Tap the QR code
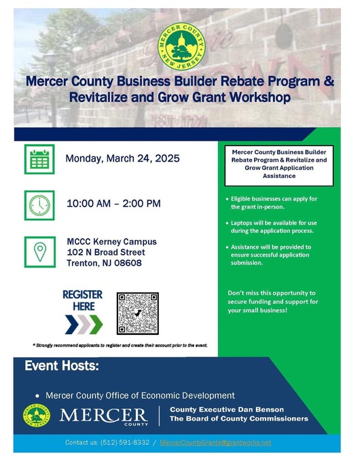pyautogui.click(x=137, y=313)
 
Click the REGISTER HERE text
pyautogui.click(x=82, y=300)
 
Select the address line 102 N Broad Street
pyautogui.click(x=105, y=252)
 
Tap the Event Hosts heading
pyautogui.click(x=62, y=367)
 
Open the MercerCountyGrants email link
pyautogui.click(x=215, y=442)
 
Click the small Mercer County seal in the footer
pyautogui.click(x=37, y=415)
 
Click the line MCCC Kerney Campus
pyautogui.click(x=111, y=241)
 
